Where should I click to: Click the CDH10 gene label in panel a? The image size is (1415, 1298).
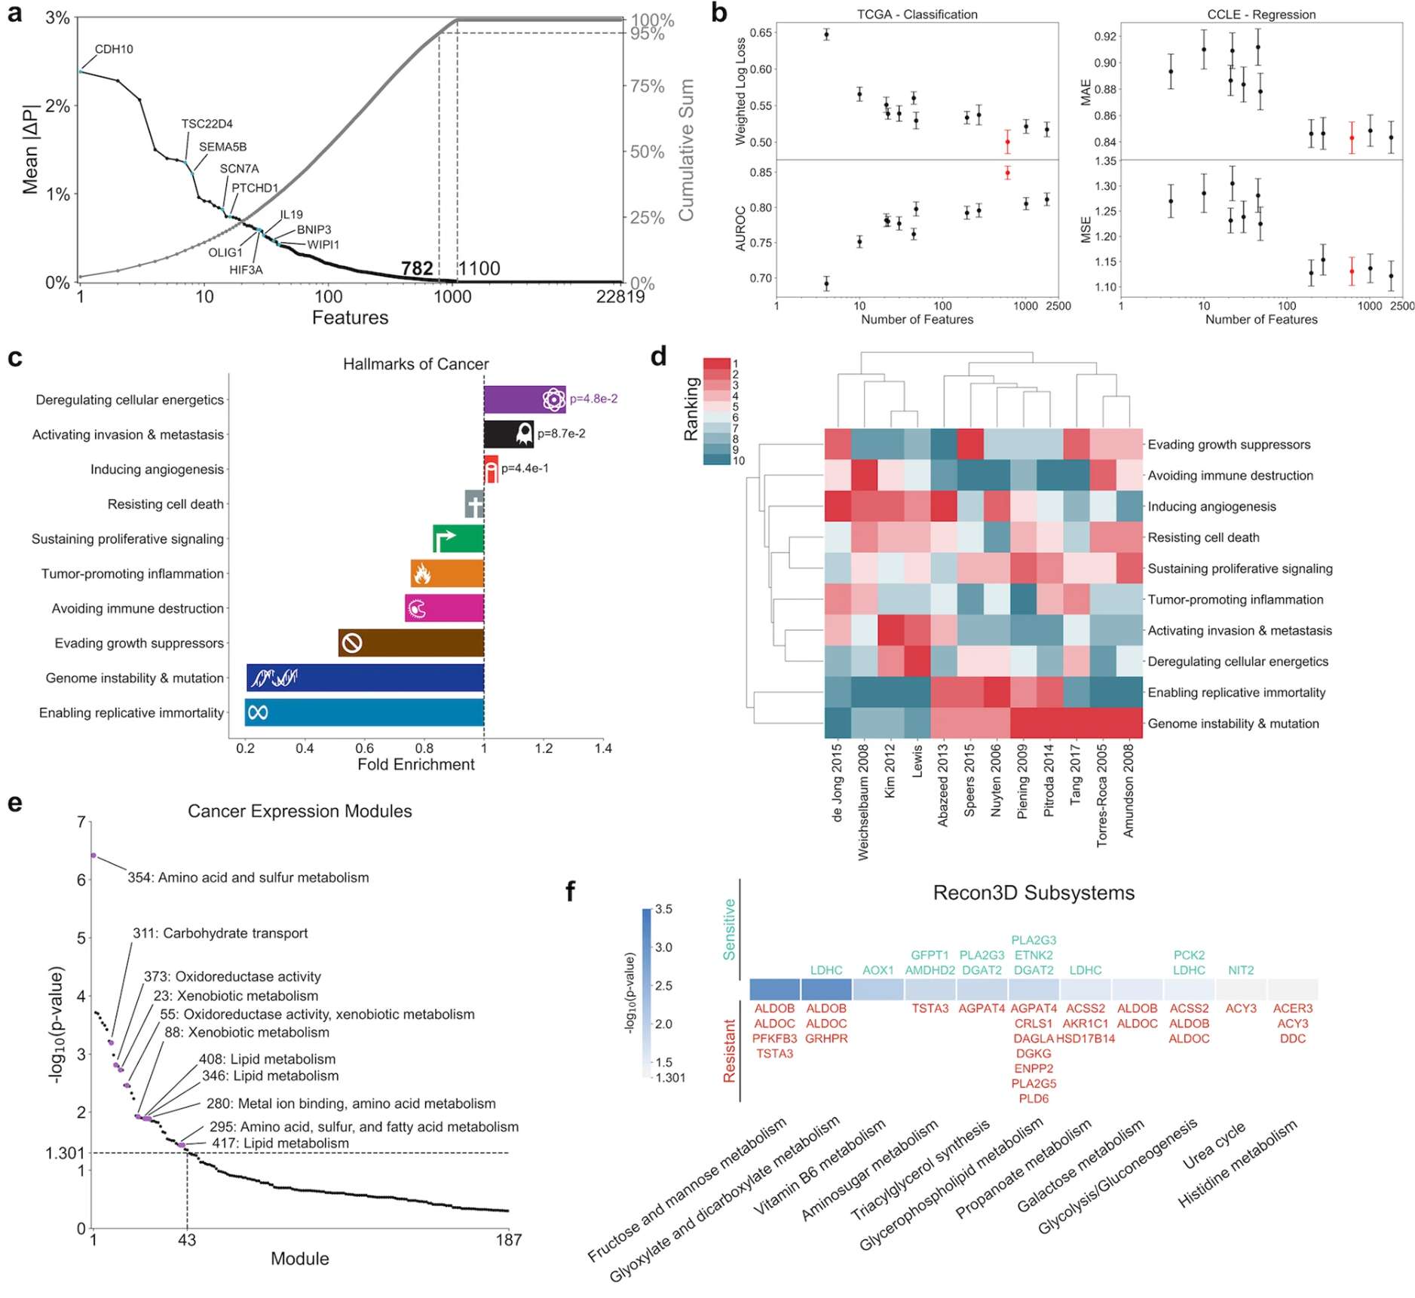pos(114,50)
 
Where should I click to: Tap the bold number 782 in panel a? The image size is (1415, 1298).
pos(417,268)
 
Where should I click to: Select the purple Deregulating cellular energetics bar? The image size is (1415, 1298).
pos(524,400)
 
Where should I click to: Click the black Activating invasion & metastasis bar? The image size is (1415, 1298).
pos(508,434)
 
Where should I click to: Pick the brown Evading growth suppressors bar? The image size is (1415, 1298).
pos(411,643)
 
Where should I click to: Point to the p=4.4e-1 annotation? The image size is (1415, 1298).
pos(525,469)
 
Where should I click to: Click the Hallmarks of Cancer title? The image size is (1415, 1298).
pos(415,364)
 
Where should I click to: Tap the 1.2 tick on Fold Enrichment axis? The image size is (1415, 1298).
pos(544,748)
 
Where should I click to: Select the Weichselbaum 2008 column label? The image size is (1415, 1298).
pos(863,801)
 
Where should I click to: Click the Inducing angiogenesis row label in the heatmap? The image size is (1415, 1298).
pos(1211,507)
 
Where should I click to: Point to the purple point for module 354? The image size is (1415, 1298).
pos(93,855)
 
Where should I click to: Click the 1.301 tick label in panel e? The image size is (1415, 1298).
pos(65,1153)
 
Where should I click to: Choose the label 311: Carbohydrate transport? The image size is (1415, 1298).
pos(220,933)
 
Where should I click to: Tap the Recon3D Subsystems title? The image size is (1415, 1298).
pos(1033,893)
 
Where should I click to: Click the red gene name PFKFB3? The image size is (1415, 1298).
pos(774,1039)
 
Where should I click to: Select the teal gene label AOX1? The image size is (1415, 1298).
pos(877,970)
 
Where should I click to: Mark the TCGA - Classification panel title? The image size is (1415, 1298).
pos(917,14)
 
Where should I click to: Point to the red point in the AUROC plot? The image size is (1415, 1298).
pos(1007,173)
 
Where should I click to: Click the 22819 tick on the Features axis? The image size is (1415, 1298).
pos(620,297)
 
